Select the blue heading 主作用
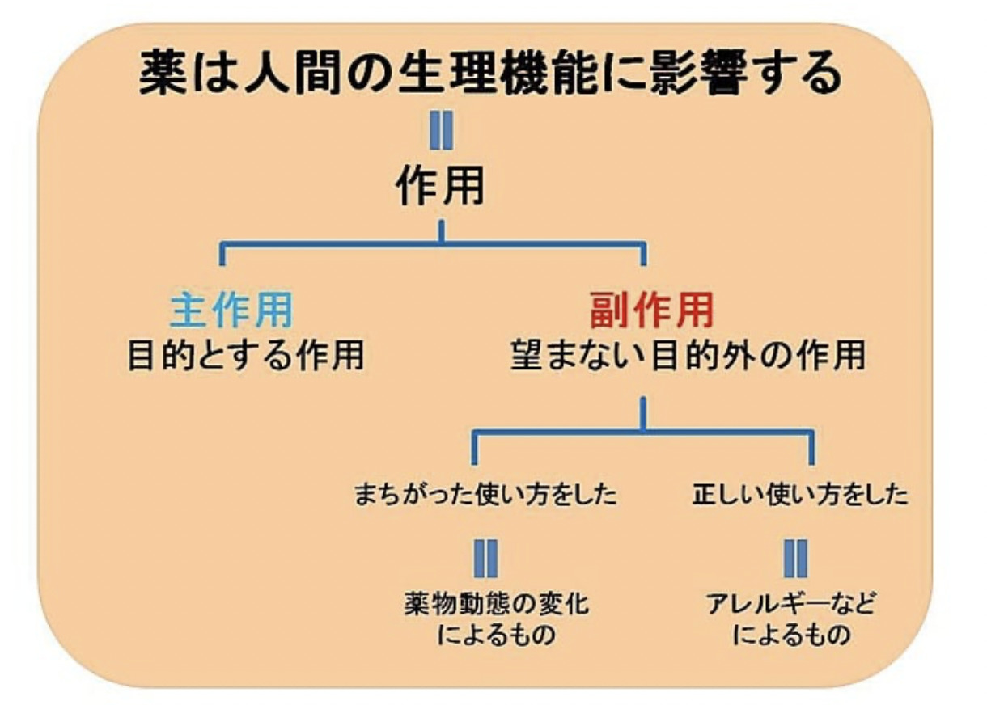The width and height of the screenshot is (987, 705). click(x=231, y=310)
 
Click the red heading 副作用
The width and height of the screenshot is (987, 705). click(x=651, y=310)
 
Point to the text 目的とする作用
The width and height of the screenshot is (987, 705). click(x=246, y=356)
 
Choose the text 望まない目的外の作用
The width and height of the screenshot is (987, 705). click(x=688, y=356)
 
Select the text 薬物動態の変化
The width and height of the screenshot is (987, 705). click(x=496, y=604)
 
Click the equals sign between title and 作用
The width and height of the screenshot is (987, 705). click(x=441, y=131)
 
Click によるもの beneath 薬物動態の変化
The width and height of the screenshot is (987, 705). click(x=496, y=635)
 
